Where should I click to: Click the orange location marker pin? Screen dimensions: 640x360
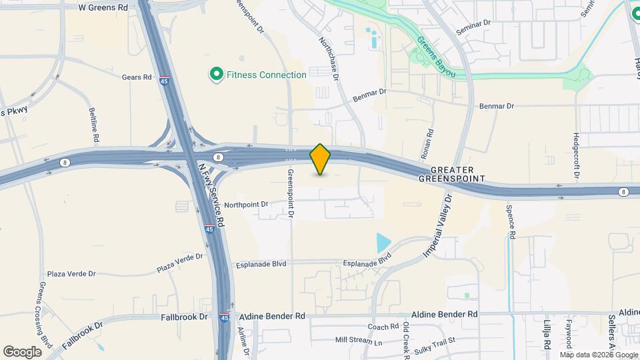click(x=321, y=159)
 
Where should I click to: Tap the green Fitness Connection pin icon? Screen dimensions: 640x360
click(x=216, y=75)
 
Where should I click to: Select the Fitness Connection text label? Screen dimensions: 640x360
click(x=267, y=75)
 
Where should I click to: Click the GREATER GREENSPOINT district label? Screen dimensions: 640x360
click(x=451, y=175)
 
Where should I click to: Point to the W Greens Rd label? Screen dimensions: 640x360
click(x=103, y=7)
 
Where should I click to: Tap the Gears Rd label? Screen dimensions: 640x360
click(x=137, y=77)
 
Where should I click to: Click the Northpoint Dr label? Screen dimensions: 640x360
click(x=246, y=204)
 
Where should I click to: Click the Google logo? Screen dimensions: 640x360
click(x=23, y=351)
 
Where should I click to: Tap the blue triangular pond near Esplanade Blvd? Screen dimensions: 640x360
click(x=383, y=243)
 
